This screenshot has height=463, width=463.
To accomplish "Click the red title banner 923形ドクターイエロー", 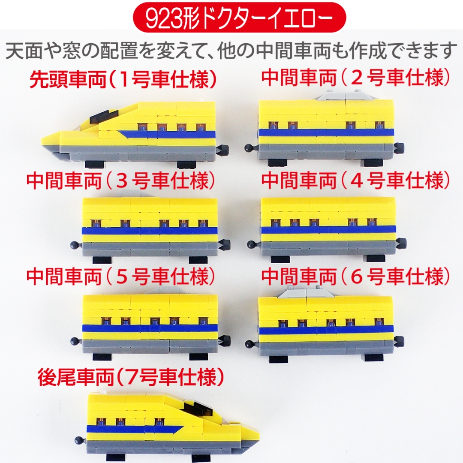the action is pyautogui.click(x=239, y=18).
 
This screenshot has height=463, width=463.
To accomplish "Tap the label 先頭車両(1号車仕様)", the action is pyautogui.click(x=123, y=79).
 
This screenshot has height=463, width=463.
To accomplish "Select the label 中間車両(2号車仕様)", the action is pyautogui.click(x=356, y=77).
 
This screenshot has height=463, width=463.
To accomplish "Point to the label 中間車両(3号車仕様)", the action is pyautogui.click(x=121, y=181).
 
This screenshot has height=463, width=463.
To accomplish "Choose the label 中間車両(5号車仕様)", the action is pyautogui.click(x=121, y=277).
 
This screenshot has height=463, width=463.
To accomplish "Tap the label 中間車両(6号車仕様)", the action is pyautogui.click(x=356, y=277).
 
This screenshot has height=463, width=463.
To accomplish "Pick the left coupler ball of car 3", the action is pyautogui.click(x=74, y=245).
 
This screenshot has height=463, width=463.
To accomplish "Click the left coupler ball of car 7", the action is pyautogui.click(x=78, y=440).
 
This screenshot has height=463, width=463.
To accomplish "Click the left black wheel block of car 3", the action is pyautogui.click(x=103, y=260).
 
